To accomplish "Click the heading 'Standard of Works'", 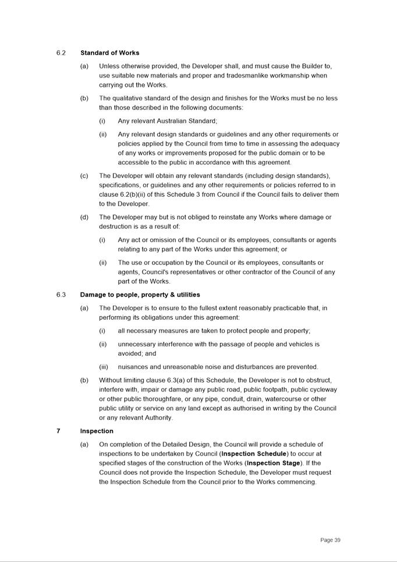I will click(x=109, y=53).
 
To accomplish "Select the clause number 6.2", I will click(x=61, y=53).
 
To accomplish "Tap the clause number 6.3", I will click(x=61, y=295).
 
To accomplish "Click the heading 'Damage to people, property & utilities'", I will click(x=140, y=295).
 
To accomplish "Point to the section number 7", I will click(x=58, y=431).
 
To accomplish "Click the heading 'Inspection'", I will click(x=97, y=431).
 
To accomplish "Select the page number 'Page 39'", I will click(x=330, y=540).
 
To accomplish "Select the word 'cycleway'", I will click(x=323, y=390).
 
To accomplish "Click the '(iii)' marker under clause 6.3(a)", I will click(x=103, y=367).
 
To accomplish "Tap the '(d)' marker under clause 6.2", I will click(x=84, y=217).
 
